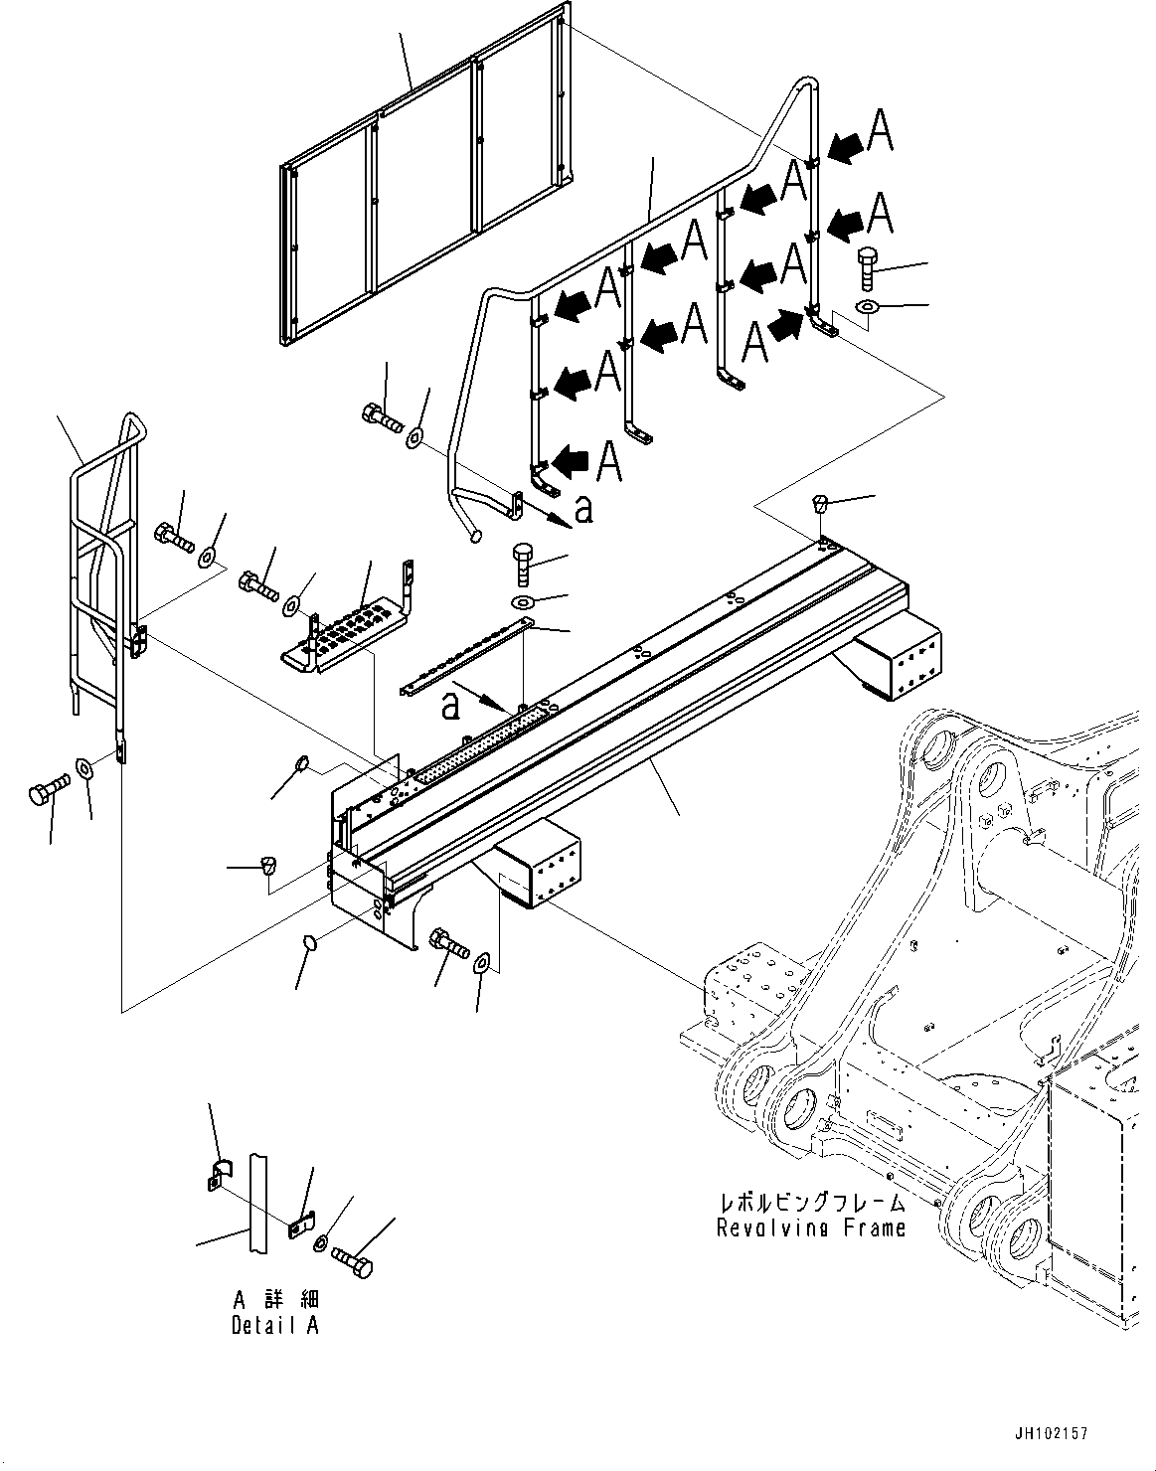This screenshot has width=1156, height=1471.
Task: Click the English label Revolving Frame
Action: (811, 1227)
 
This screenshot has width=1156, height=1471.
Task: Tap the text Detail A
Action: (275, 1325)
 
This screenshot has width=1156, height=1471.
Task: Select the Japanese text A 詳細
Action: (275, 1301)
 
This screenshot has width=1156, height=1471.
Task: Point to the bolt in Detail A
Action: (353, 1261)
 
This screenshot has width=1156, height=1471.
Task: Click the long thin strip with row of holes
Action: (467, 660)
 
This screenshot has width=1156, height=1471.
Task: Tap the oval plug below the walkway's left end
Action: (308, 940)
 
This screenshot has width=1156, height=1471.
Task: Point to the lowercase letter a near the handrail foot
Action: (584, 510)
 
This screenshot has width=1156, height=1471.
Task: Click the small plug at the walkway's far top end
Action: (820, 502)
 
